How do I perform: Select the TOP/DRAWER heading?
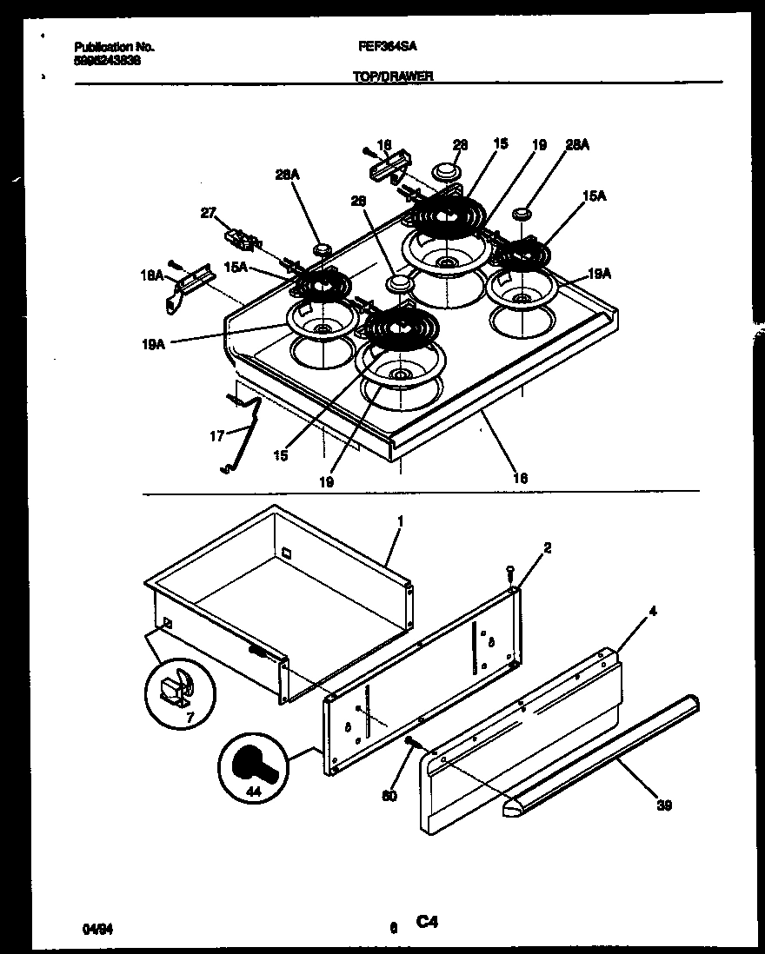[x=393, y=76]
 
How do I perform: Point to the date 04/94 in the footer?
[x=91, y=928]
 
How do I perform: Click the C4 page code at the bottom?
[x=426, y=923]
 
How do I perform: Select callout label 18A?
[x=152, y=274]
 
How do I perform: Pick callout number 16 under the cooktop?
[x=520, y=477]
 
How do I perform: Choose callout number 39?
[x=664, y=805]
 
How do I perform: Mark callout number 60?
[x=389, y=795]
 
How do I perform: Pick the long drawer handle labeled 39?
[x=600, y=755]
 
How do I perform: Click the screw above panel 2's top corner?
[x=510, y=572]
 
